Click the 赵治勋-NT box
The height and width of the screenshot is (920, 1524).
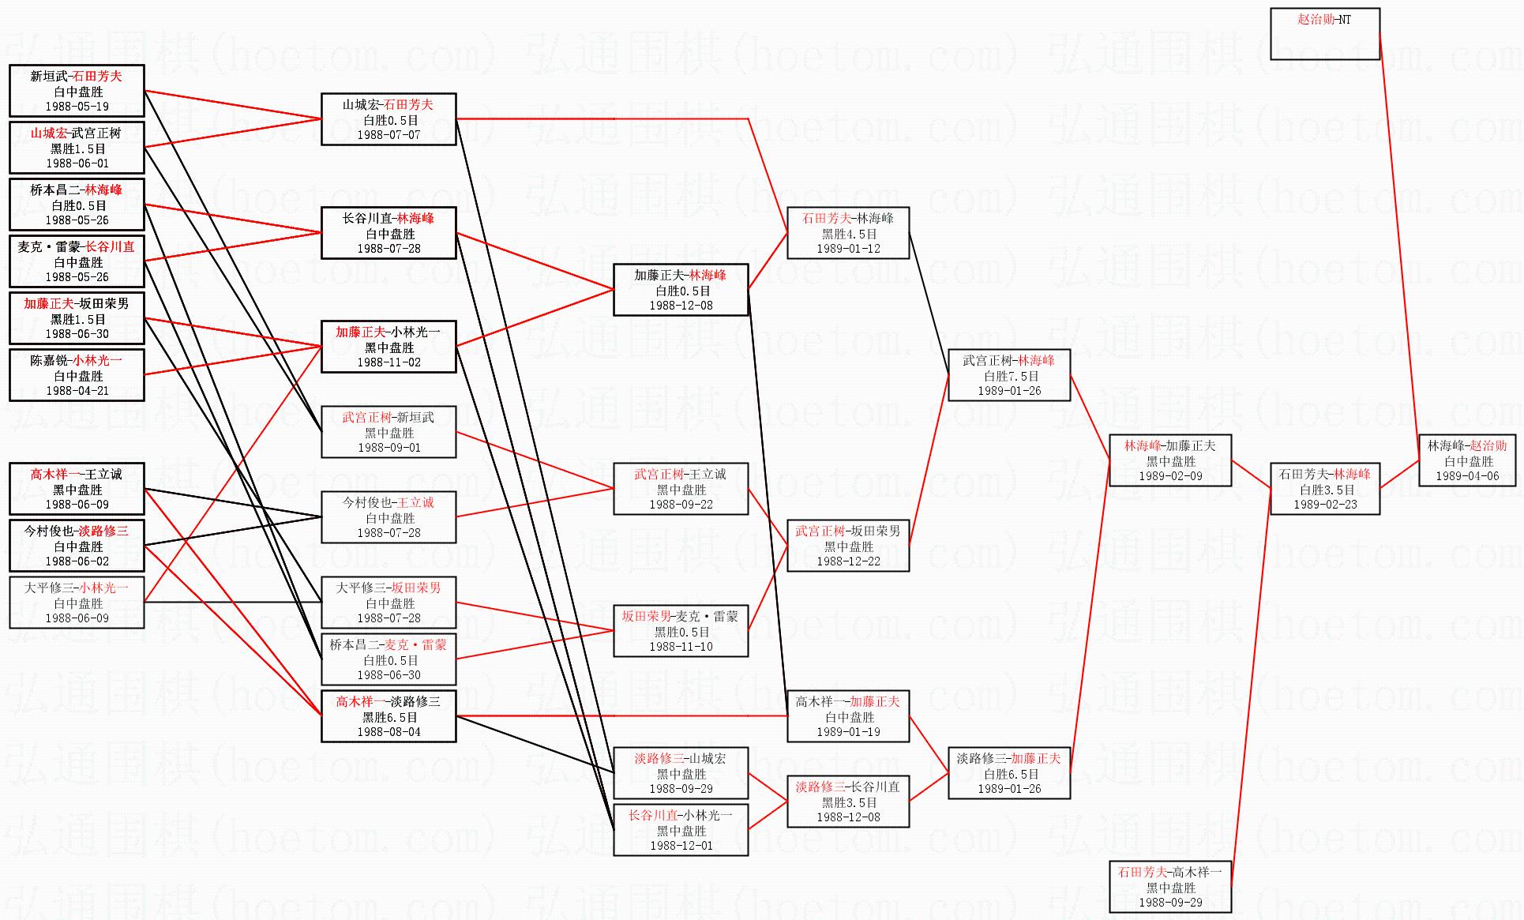pyautogui.click(x=1324, y=34)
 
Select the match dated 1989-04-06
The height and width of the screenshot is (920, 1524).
pyautogui.click(x=1467, y=460)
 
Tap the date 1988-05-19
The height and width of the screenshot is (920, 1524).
pyautogui.click(x=77, y=107)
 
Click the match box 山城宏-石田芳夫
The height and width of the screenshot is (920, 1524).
pyautogui.click(x=389, y=119)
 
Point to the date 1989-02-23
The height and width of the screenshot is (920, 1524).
pyautogui.click(x=1324, y=505)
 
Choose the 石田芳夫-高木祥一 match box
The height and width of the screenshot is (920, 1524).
pyautogui.click(x=1169, y=887)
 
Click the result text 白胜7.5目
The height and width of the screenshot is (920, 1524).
pyautogui.click(x=1009, y=376)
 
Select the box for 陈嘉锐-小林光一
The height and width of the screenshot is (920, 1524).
pyautogui.click(x=77, y=375)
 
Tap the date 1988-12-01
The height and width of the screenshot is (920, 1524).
pyautogui.click(x=681, y=846)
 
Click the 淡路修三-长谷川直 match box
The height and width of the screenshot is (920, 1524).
pyautogui.click(x=847, y=802)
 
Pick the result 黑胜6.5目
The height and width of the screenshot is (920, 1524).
pyautogui.click(x=389, y=717)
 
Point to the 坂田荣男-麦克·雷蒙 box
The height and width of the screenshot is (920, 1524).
pyautogui.click(x=681, y=631)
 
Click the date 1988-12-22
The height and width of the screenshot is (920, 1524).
pyautogui.click(x=848, y=561)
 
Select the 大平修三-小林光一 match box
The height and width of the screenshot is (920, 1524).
pyautogui.click(x=77, y=603)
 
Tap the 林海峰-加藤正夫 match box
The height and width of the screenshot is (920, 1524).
pyautogui.click(x=1169, y=460)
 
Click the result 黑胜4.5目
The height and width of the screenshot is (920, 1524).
pyautogui.click(x=849, y=234)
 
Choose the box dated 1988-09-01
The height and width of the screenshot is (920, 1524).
pyautogui.click(x=389, y=432)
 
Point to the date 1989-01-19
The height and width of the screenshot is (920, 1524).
pyautogui.click(x=848, y=732)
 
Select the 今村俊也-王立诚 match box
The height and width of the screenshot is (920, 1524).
pyautogui.click(x=389, y=517)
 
